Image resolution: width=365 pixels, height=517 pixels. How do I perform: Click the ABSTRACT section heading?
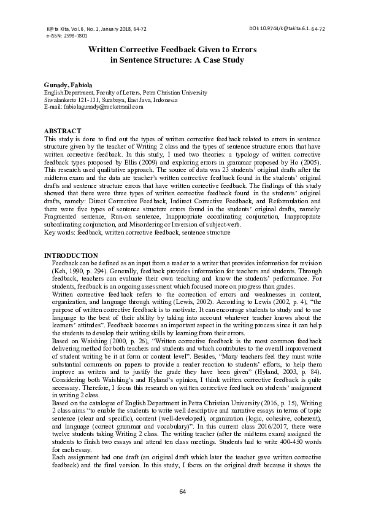coord(63,131)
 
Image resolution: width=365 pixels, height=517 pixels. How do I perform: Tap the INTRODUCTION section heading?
coord(71,255)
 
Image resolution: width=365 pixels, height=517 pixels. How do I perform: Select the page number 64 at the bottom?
coord(182,492)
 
